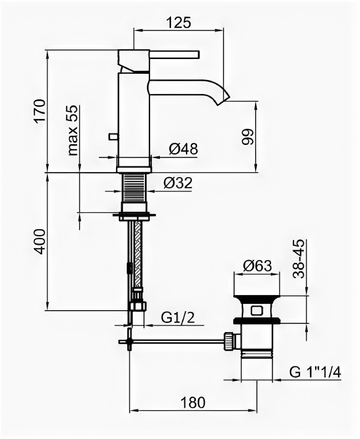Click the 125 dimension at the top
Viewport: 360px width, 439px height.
pos(179,22)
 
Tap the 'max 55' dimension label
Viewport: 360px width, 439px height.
pos(72,130)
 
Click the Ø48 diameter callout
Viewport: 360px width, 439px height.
pos(183,149)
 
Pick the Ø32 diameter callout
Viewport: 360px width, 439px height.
pos(177,183)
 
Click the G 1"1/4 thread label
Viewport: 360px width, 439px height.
pos(314,372)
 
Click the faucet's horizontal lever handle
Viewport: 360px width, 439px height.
pos(174,55)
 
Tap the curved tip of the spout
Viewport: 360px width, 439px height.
pos(222,99)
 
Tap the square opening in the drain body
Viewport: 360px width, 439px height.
pos(257,309)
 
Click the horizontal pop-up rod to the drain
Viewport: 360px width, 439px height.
pos(179,342)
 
